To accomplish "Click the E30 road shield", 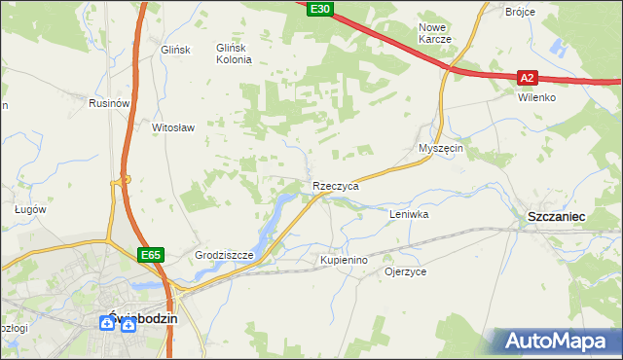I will point(320,9).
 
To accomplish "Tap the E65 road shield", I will point(150,255).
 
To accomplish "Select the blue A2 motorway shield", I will point(527,77).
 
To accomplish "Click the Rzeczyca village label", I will point(336,185).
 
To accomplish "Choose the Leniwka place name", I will point(409,213).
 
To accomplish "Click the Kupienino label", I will point(344,261).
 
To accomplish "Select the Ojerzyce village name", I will point(406,272).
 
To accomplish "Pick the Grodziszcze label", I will point(224,256).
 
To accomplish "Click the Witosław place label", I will point(174,127).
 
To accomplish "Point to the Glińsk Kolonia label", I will point(234,54).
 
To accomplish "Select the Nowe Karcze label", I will point(434,33).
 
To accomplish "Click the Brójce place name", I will point(522,12).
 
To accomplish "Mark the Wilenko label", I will point(536,98).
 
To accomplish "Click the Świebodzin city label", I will point(135,318).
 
